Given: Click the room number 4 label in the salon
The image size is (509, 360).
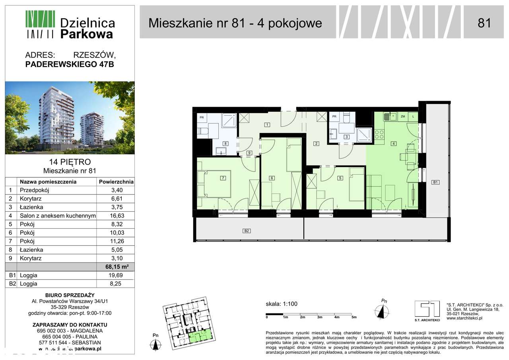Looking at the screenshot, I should point(393,144).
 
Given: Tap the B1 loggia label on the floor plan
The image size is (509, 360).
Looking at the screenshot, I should point(435,182).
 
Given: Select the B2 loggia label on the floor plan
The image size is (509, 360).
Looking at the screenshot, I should point(247,230).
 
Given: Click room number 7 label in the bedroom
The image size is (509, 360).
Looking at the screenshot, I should point(223,178).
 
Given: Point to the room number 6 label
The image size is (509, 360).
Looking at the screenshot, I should point(272,178).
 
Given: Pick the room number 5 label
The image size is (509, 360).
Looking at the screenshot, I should point(340,178).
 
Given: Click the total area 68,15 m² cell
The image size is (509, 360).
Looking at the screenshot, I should point(115,267).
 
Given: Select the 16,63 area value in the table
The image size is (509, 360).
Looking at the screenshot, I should point(115,216).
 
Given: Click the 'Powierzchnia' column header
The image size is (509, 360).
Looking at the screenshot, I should point(115,182).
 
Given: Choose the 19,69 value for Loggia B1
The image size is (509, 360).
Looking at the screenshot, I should point(115,275).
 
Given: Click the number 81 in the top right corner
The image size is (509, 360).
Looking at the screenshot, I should point(484,23).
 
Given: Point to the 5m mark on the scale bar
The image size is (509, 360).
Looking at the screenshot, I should point(354,317).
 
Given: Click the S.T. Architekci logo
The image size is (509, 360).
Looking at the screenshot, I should point(427,309).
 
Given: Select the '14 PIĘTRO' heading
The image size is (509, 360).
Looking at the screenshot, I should point(70,162).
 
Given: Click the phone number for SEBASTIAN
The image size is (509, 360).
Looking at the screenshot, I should point(70,342).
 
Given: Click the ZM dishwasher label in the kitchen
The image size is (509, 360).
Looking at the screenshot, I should point(403,117).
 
